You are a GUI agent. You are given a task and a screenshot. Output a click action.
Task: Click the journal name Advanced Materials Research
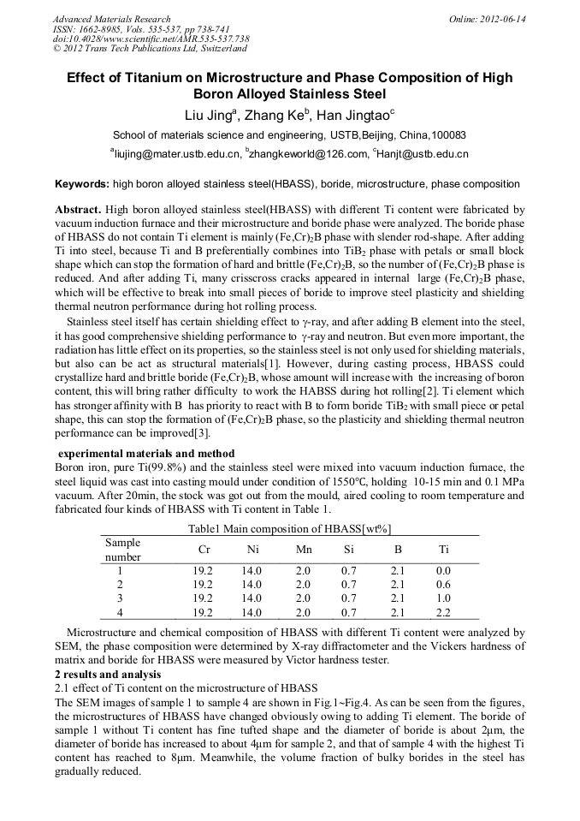pos(112,19)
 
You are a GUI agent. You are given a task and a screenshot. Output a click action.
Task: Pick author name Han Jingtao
pos(352,116)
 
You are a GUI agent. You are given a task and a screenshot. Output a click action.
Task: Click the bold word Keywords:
pos(82,184)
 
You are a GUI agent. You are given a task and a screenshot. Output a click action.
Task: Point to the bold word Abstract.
pos(78,210)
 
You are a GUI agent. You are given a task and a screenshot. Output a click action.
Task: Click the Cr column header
pos(204,550)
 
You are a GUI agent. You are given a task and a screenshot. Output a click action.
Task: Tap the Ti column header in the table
pos(443,550)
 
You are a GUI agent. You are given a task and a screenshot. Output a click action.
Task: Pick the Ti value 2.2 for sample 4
pos(443,613)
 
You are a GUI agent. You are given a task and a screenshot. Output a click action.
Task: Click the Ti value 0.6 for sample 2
pos(443,584)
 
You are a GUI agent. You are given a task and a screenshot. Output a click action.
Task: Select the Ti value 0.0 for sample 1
pos(443,570)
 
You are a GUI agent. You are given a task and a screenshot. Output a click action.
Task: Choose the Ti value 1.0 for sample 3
pos(443,598)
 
